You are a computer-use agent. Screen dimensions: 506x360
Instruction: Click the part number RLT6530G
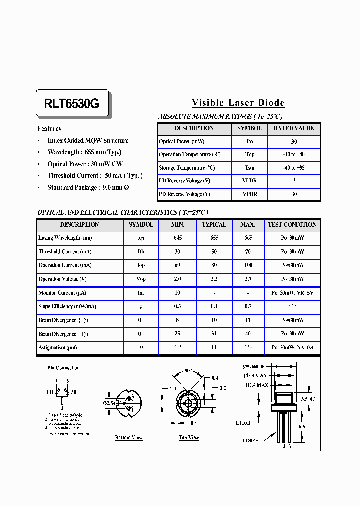click(x=72, y=104)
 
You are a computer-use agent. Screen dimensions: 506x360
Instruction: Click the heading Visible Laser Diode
click(x=238, y=103)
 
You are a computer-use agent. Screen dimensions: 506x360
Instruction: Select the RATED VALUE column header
click(x=294, y=128)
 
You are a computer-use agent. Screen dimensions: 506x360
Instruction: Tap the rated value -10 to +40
click(x=294, y=155)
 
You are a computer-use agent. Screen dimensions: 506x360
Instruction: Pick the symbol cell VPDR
click(x=249, y=194)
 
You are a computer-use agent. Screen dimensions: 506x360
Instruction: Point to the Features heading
click(x=49, y=129)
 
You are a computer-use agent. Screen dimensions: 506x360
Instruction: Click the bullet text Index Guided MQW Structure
click(x=88, y=141)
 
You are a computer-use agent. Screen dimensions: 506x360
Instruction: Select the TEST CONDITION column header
click(x=292, y=225)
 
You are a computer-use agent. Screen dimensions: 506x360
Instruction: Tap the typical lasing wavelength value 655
click(x=214, y=238)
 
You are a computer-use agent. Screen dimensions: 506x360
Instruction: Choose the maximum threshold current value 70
click(x=248, y=252)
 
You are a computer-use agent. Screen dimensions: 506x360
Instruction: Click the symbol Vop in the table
click(x=141, y=279)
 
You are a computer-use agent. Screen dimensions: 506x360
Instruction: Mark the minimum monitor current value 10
click(x=178, y=293)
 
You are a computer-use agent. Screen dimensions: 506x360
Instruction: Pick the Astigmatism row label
click(x=58, y=347)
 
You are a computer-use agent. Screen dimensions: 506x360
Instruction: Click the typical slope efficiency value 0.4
click(x=214, y=306)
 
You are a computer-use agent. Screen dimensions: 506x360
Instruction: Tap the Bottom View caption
click(x=129, y=438)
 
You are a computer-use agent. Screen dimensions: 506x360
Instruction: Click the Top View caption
click(x=189, y=438)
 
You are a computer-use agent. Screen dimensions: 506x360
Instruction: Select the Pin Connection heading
click(x=63, y=368)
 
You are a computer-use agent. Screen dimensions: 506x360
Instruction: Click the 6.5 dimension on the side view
click(x=302, y=427)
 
